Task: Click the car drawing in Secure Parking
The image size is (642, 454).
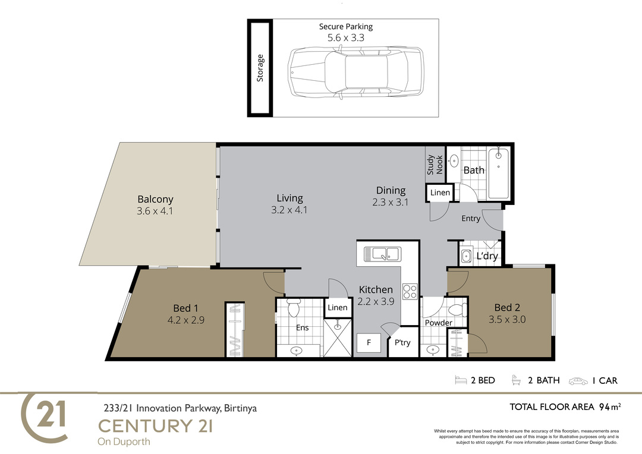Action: click(355, 72)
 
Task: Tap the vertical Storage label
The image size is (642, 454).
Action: click(260, 68)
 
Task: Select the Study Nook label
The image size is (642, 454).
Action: click(435, 165)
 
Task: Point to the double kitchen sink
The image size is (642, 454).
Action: click(382, 254)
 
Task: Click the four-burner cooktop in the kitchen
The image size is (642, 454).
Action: click(410, 292)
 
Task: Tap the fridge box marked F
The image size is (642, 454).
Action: click(369, 343)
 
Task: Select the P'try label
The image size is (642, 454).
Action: click(402, 343)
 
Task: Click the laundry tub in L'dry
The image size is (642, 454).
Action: click(465, 257)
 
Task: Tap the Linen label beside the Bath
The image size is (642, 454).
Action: click(440, 193)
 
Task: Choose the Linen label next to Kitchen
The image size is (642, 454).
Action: click(338, 307)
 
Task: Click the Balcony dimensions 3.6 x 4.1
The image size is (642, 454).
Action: click(155, 211)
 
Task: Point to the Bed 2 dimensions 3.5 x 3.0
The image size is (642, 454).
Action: click(507, 319)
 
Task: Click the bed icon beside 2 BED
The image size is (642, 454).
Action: click(461, 380)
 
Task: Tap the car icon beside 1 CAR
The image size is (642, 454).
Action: click(578, 381)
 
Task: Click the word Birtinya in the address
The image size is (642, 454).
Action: click(241, 408)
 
